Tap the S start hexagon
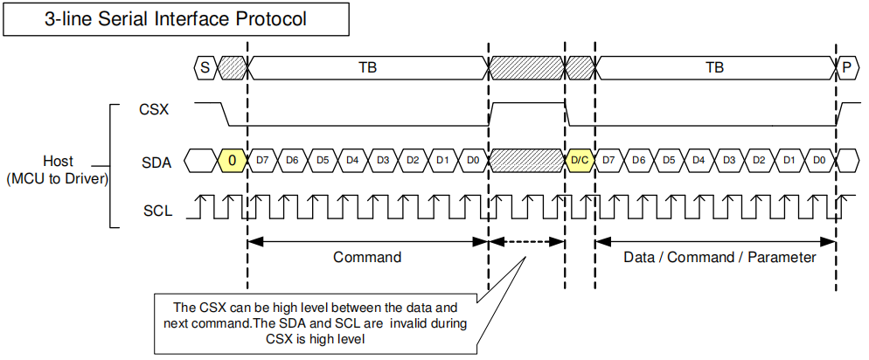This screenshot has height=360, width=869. point(205,66)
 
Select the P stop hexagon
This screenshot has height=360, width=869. point(846,66)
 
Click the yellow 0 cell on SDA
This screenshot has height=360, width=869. point(233,161)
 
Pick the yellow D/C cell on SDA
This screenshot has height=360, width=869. point(579,161)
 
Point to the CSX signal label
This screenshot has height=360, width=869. point(153,111)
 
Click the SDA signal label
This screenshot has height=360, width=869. point(156,162)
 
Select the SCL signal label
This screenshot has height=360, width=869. point(156,211)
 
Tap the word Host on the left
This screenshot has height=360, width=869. point(58,162)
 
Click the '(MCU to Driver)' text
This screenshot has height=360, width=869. point(58,179)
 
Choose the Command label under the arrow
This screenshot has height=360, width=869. point(367,258)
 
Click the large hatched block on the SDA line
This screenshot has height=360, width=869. point(527,161)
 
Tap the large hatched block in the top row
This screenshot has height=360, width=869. point(527,66)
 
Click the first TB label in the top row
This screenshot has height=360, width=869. point(368,66)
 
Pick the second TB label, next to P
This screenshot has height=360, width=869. point(714,66)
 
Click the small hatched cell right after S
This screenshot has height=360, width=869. point(232,66)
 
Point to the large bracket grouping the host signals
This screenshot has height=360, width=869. point(112,166)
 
